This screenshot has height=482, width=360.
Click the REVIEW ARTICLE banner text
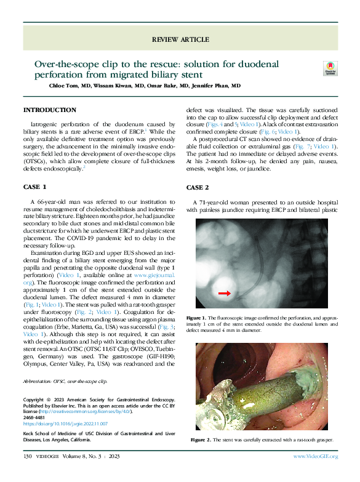[180, 39]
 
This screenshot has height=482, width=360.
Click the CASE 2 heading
[198, 187]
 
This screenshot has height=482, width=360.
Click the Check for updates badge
[330, 69]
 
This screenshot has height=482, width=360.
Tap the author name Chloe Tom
[65, 86]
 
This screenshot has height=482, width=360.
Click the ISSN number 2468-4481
[36, 417]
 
